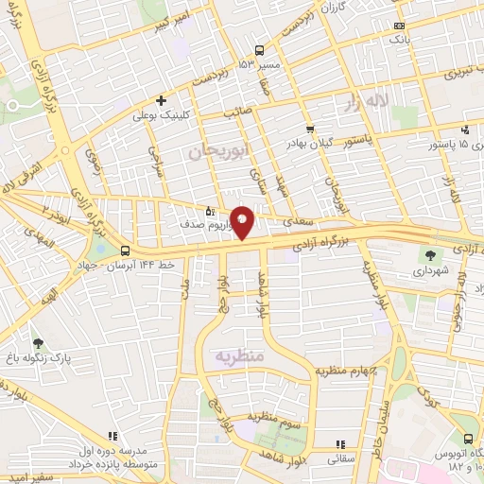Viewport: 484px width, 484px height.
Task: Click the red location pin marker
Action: click(x=243, y=221)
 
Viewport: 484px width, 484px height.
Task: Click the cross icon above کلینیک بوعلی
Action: click(x=162, y=100)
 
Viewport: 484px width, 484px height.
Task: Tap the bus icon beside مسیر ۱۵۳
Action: click(x=259, y=51)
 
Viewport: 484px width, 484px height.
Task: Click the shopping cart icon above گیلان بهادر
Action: click(x=310, y=129)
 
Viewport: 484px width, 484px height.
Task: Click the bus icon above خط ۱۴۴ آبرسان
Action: click(x=126, y=251)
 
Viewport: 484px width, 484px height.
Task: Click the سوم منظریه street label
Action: click(x=274, y=416)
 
